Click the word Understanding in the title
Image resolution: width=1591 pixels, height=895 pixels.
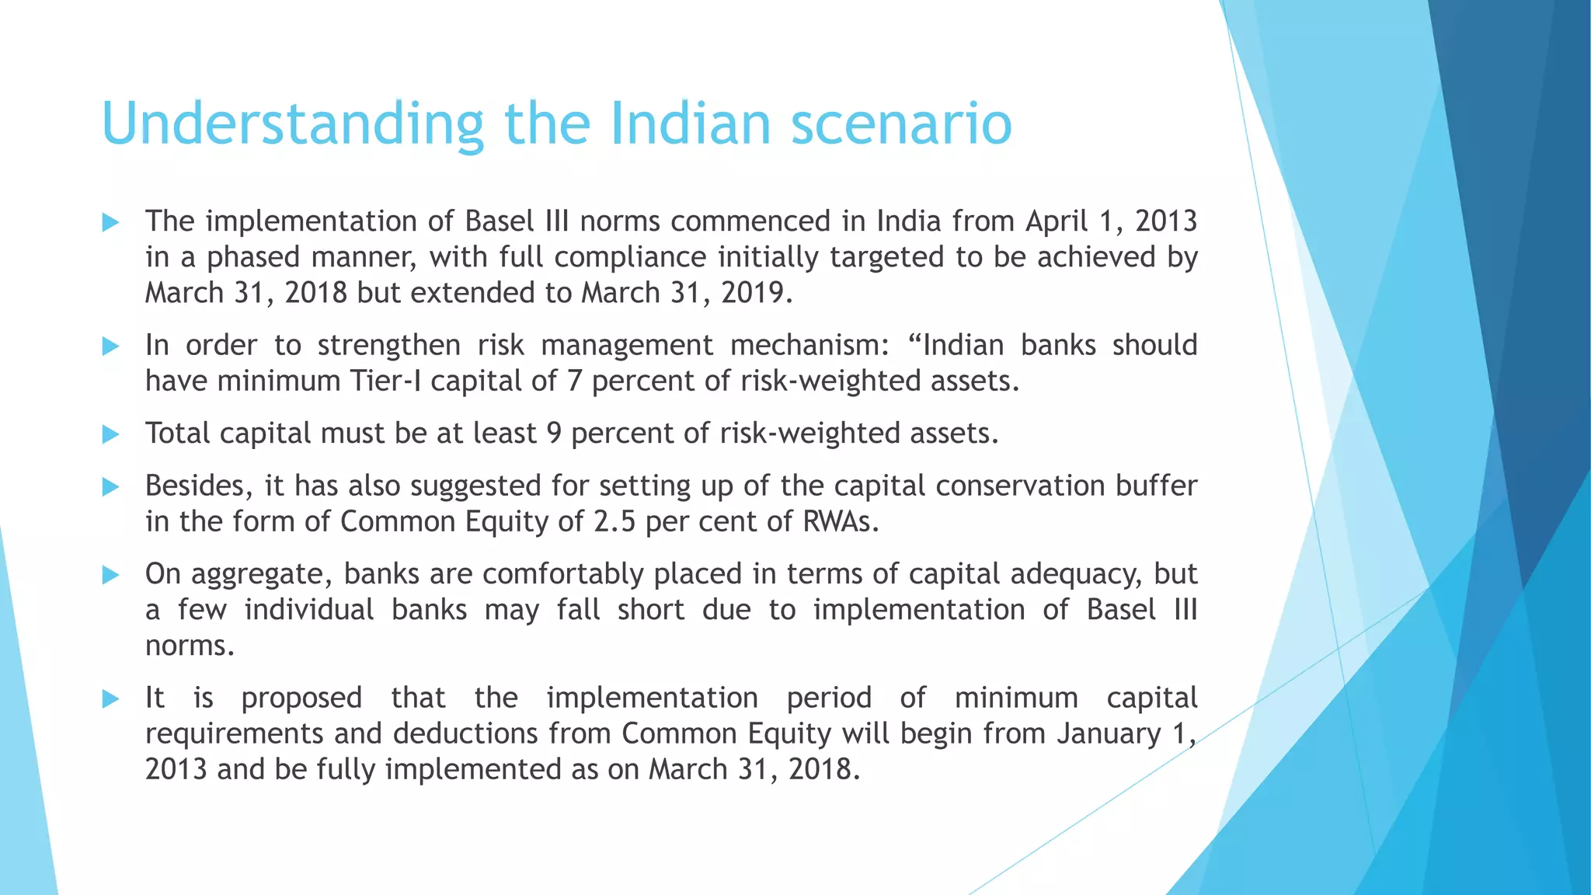coord(292,124)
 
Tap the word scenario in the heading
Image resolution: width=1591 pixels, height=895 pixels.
coord(901,124)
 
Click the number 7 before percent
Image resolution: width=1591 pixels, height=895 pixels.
coord(574,381)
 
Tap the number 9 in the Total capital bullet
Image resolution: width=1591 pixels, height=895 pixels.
coord(554,434)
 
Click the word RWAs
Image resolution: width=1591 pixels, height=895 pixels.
coord(840,522)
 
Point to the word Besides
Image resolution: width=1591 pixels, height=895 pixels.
coord(199,486)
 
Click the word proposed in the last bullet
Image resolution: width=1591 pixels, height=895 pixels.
coord(301,698)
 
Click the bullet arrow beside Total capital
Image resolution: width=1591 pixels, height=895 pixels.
coord(110,434)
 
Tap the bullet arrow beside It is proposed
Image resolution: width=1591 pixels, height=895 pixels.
coord(110,699)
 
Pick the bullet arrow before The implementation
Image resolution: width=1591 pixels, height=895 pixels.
coord(110,223)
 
